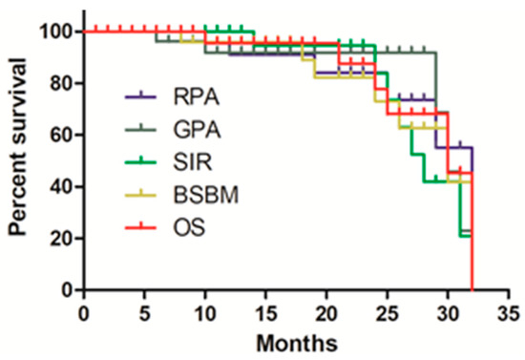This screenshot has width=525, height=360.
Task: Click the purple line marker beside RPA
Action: coord(142,97)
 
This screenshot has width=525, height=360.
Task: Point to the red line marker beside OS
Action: coord(142,227)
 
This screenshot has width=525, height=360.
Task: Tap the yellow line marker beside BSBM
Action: coord(142,195)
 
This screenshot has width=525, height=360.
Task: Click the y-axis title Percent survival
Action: coord(18,160)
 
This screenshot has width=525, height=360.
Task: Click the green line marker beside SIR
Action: coord(142,162)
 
